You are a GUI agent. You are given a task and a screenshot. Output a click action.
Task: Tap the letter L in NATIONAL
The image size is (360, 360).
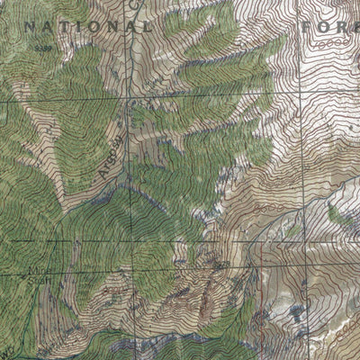(x=147, y=28)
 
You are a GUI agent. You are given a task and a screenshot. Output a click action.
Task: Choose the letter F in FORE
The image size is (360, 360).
(x=309, y=27)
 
